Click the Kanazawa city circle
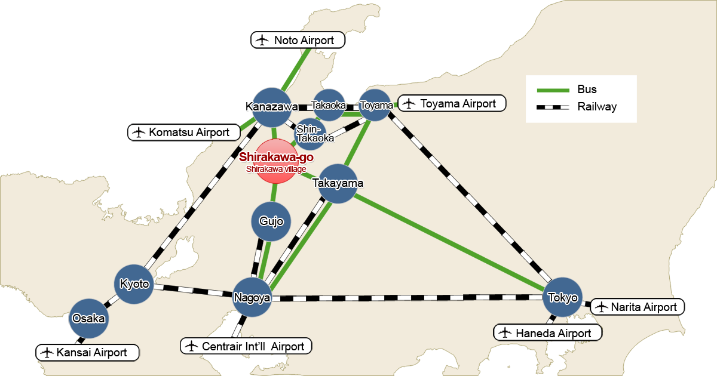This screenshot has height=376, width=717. [x=272, y=107]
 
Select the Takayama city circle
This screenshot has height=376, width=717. [x=338, y=183]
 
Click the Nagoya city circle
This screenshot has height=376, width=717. [x=252, y=297]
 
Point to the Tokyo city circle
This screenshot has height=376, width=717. [x=562, y=297]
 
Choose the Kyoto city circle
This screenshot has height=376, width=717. [x=134, y=283]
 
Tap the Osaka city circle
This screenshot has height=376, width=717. [x=88, y=318]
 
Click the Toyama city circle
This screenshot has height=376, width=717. [x=376, y=105]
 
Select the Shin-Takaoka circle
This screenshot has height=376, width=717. [x=310, y=134]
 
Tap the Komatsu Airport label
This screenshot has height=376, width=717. [x=184, y=132]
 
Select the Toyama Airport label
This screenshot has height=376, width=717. [x=452, y=103]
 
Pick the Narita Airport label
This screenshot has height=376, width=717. [x=637, y=307]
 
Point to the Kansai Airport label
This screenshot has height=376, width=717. [x=87, y=352]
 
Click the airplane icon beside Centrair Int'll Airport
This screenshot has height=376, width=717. [x=191, y=346]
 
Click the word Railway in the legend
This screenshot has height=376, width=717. [x=597, y=107]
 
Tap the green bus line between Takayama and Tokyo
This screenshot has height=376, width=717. [x=448, y=241]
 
